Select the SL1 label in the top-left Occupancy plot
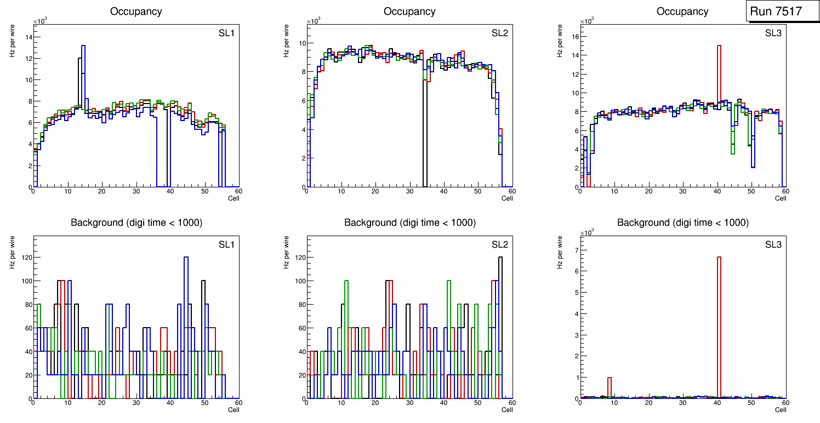pyautogui.click(x=226, y=33)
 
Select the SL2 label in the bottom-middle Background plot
pyautogui.click(x=499, y=244)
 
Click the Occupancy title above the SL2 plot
pyautogui.click(x=409, y=12)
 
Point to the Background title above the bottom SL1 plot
pyautogui.click(x=136, y=222)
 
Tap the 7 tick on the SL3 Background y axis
pyautogui.click(x=576, y=250)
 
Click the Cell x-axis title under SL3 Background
pyautogui.click(x=781, y=409)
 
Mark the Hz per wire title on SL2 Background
pyautogui.click(x=286, y=252)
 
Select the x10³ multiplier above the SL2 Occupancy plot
pyautogui.click(x=314, y=21)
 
